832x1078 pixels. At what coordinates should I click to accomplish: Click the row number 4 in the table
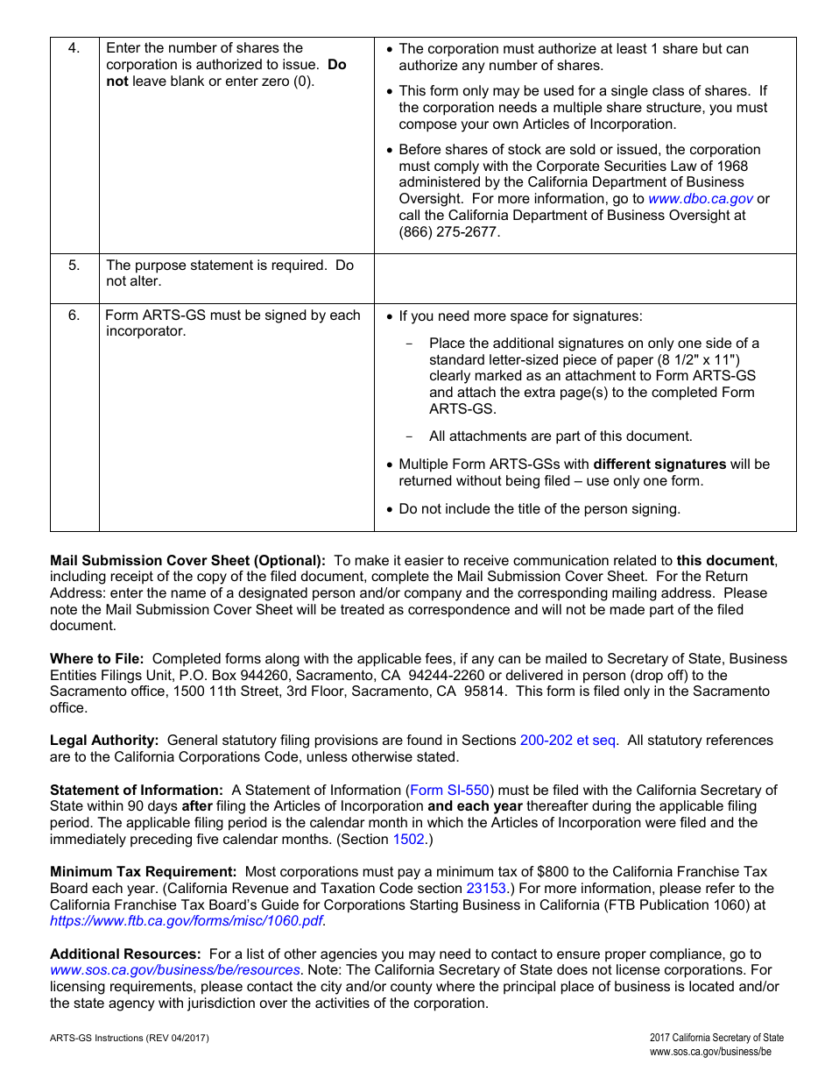click(x=74, y=48)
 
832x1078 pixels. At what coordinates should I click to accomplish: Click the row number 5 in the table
click(x=74, y=265)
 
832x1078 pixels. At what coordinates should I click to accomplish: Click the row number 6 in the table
click(x=74, y=316)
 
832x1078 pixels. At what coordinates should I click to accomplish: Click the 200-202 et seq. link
click(x=568, y=741)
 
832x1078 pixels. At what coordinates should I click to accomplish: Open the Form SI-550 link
click(x=450, y=791)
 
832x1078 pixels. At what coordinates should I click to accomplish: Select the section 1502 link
click(x=409, y=840)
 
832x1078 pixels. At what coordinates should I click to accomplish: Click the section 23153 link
click(x=488, y=889)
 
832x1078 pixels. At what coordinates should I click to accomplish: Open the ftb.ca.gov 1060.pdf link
click(x=186, y=921)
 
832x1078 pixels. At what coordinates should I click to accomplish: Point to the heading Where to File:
click(x=97, y=659)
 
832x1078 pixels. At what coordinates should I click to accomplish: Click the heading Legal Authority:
click(x=104, y=741)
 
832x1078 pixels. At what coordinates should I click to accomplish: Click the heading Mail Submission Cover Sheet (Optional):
click(x=187, y=561)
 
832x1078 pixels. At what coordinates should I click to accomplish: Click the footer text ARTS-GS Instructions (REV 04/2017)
click(x=130, y=1039)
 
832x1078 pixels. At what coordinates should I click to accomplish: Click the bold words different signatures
click(x=659, y=465)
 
